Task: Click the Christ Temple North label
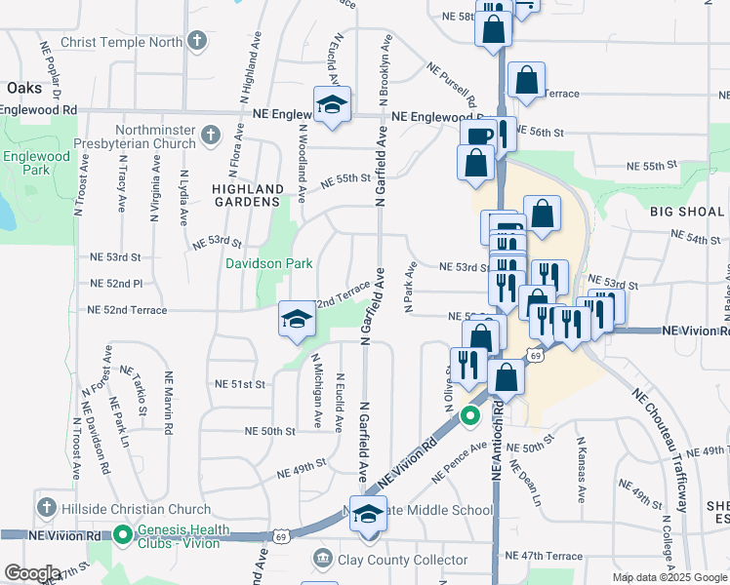(x=121, y=42)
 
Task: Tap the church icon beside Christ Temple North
(x=198, y=42)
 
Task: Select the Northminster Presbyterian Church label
(x=155, y=136)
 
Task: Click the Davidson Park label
(x=269, y=263)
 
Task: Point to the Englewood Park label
(x=36, y=162)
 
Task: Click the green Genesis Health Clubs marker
(x=123, y=534)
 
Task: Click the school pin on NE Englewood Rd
(x=332, y=105)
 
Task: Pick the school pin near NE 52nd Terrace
(x=297, y=320)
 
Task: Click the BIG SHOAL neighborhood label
(x=688, y=212)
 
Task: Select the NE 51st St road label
(x=241, y=384)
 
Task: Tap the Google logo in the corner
(x=32, y=572)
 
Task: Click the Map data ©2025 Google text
(x=669, y=577)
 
